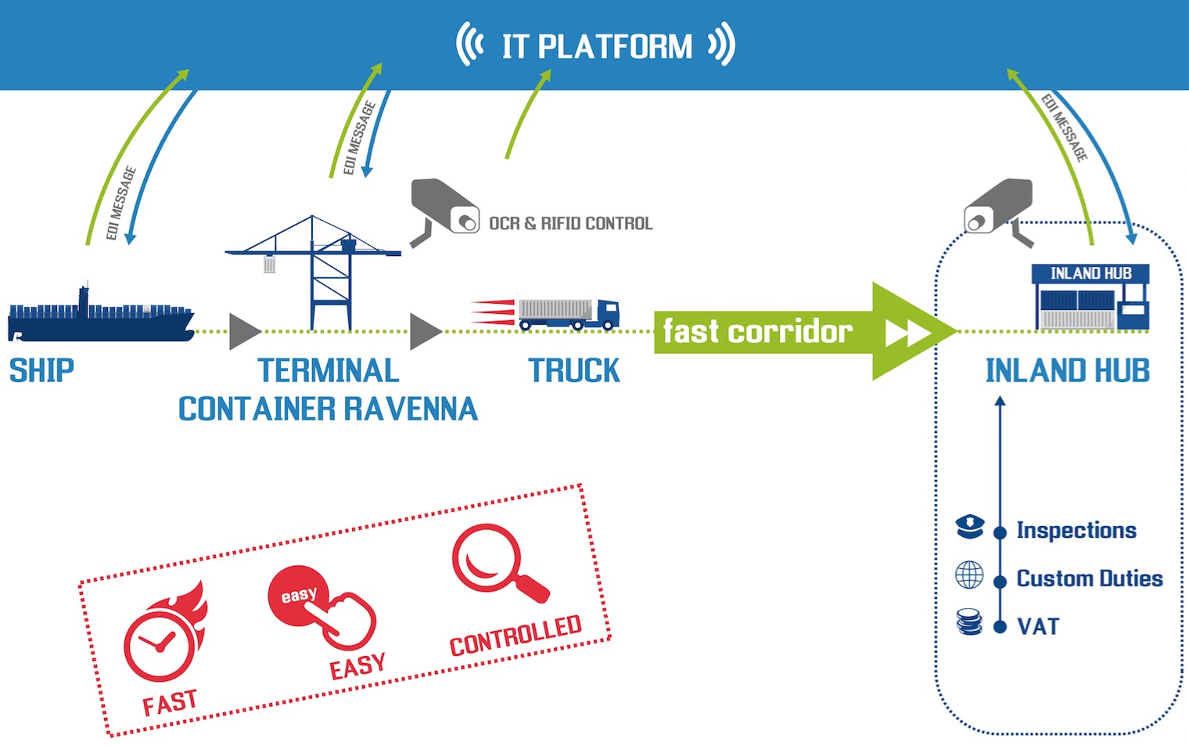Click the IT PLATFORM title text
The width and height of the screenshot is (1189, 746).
597,46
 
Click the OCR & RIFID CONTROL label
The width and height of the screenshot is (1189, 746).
570,224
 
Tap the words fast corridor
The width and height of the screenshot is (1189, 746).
757,331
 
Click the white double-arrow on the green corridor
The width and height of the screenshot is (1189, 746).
908,332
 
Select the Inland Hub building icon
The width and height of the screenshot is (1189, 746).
1091,297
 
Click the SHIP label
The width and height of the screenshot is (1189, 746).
41,370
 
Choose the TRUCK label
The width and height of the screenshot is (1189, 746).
574,370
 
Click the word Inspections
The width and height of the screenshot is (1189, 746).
1076,531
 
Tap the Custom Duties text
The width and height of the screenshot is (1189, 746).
1089,578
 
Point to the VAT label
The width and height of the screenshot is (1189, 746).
1038,626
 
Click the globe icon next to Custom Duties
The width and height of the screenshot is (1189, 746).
969,575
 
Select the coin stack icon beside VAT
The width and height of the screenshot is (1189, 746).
969,622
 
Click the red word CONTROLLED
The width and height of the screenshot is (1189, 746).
515,636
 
